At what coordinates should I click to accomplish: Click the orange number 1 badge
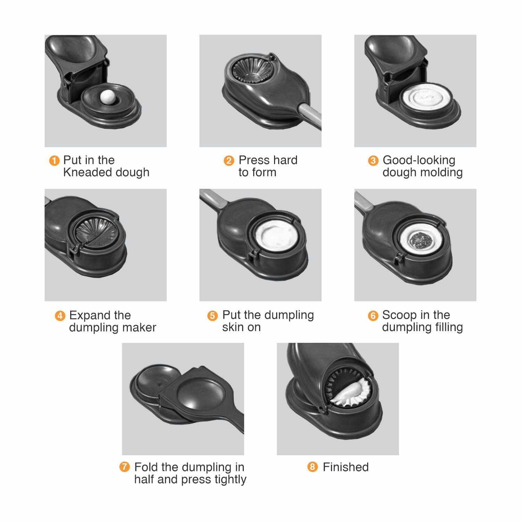point(54,161)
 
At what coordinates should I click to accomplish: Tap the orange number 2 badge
point(229,161)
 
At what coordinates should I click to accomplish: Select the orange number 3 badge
point(373,161)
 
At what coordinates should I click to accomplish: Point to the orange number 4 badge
point(60,316)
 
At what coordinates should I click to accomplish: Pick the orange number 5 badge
point(213,316)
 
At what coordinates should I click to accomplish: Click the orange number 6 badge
point(373,316)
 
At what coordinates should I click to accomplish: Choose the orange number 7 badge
point(124,467)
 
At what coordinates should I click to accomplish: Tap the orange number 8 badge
point(313,467)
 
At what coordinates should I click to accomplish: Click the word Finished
point(346,467)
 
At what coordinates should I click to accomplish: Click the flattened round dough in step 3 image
point(427,99)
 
